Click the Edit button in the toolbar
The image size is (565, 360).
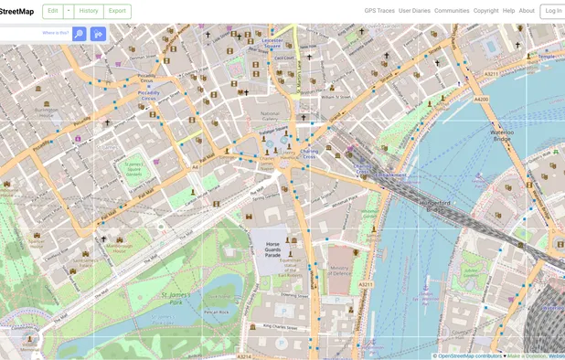click(52, 11)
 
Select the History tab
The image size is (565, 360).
click(89, 11)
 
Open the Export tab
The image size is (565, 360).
click(117, 11)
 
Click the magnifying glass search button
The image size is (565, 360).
click(79, 34)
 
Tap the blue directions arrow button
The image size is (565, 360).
click(98, 34)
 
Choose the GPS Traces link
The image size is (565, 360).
click(378, 11)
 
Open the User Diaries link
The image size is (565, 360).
click(414, 11)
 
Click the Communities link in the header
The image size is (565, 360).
click(452, 11)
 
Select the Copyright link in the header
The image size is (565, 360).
click(485, 11)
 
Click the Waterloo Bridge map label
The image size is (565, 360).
click(502, 134)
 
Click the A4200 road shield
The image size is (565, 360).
click(482, 99)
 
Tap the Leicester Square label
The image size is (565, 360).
click(272, 42)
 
